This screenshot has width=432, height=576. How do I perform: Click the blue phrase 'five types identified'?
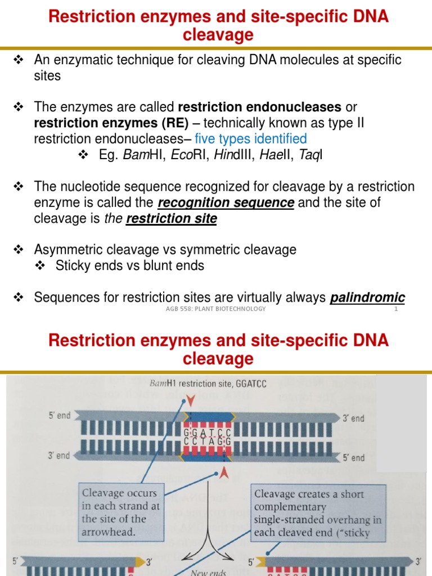(250, 138)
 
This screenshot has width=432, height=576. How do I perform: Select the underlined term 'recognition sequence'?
(226, 202)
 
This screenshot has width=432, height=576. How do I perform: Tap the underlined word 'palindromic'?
(367, 298)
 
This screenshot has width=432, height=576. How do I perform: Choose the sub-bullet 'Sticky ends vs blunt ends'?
(129, 265)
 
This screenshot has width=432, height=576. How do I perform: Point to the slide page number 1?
(396, 309)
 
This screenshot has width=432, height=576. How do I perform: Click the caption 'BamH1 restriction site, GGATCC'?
(209, 384)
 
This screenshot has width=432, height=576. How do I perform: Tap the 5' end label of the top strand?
(59, 416)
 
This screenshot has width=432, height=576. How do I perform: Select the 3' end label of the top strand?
(354, 418)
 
